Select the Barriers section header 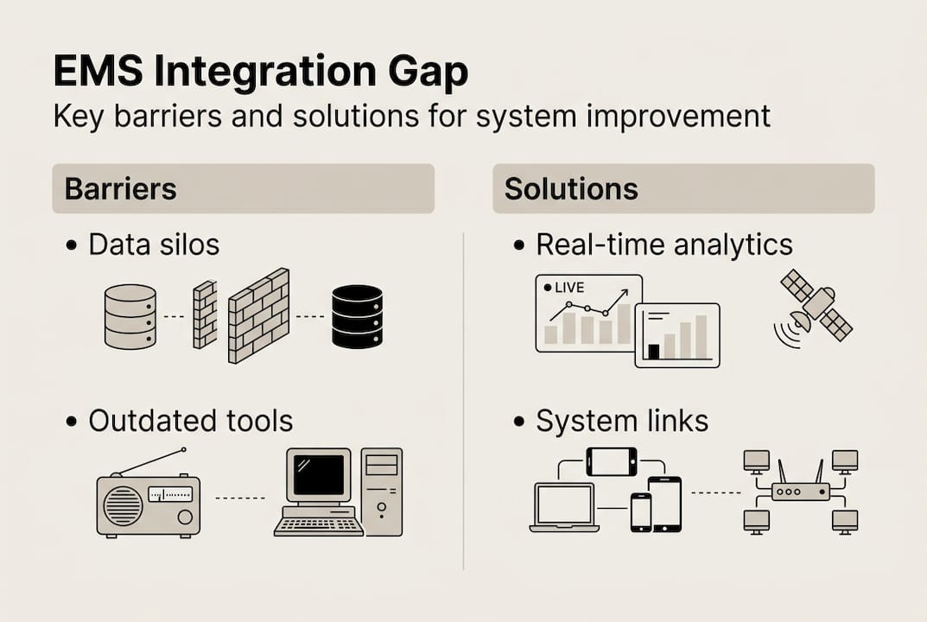[120, 188]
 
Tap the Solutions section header [571, 188]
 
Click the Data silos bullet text [154, 244]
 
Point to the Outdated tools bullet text [190, 421]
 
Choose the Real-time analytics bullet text [664, 244]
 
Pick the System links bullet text [622, 421]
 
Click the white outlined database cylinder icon [130, 316]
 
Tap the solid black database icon [357, 316]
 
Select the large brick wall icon [258, 316]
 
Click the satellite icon [815, 307]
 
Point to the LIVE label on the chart [568, 288]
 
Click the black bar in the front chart [654, 352]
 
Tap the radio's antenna [151, 461]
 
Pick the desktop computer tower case [382, 491]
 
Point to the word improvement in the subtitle [683, 116]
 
